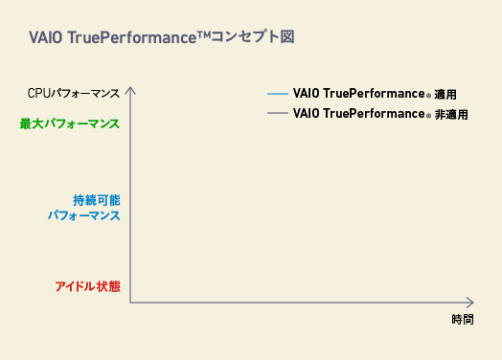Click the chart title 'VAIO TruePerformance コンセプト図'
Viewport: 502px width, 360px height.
[x=162, y=36]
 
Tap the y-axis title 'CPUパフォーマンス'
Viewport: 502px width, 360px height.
[x=74, y=94]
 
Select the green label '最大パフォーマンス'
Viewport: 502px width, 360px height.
[x=70, y=124]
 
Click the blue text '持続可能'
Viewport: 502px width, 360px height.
[x=97, y=200]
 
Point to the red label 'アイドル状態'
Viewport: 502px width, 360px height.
[x=88, y=286]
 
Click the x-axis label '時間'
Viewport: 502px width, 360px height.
[x=463, y=320]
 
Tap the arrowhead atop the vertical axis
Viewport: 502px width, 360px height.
[x=130, y=90]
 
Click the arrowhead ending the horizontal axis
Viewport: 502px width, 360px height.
[x=470, y=303]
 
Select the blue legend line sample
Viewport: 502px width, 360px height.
[x=278, y=94]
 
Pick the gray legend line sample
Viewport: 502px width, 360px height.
[x=278, y=113]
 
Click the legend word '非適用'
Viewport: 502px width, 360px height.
[x=451, y=115]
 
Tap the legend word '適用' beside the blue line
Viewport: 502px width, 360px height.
[x=445, y=95]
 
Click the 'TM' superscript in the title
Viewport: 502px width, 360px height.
[x=204, y=34]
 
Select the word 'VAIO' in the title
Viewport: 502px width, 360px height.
[x=45, y=37]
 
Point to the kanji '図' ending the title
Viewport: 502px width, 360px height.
[x=287, y=36]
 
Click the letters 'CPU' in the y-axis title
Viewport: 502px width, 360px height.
[x=39, y=94]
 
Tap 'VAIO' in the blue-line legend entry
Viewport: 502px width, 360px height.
[x=306, y=94]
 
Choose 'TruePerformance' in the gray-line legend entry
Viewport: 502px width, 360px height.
[x=374, y=114]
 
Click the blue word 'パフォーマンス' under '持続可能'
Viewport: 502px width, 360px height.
[x=84, y=215]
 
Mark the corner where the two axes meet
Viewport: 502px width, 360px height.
[x=130, y=303]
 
